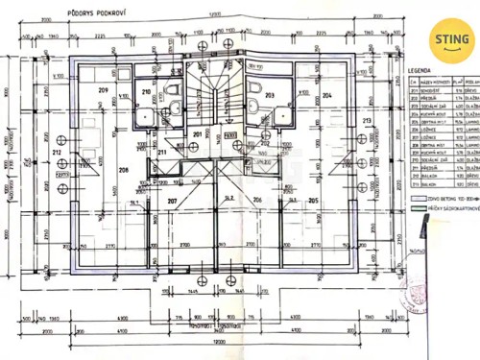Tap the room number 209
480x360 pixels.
(105, 89)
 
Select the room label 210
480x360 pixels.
(146, 92)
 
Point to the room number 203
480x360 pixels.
(270, 96)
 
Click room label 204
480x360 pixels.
(326, 96)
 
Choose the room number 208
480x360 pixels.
(124, 169)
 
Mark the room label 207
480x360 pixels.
(173, 201)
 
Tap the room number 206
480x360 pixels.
(257, 200)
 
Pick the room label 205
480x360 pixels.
(313, 200)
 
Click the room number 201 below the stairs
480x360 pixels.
(197, 133)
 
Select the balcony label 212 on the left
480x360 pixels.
(57, 152)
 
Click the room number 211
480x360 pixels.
(162, 152)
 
